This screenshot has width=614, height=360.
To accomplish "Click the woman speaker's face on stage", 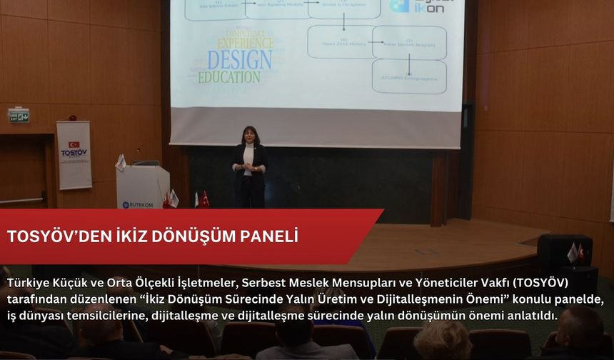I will tap(250, 136).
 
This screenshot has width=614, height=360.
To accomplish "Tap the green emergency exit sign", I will tap(19, 115).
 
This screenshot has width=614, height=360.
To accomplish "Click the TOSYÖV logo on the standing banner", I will tap(74, 151).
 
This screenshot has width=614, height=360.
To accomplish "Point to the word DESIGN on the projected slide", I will tap(238, 59).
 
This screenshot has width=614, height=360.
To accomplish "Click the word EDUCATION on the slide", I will tap(229, 76).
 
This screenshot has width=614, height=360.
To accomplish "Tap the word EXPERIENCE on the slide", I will tap(246, 43).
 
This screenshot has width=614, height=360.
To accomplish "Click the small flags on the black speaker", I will tap(575, 252).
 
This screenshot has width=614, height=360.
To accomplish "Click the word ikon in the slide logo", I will tap(430, 9).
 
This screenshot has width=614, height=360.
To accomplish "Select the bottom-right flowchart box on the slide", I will tap(409, 77).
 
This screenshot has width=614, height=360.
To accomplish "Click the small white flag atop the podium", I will tap(121, 162).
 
